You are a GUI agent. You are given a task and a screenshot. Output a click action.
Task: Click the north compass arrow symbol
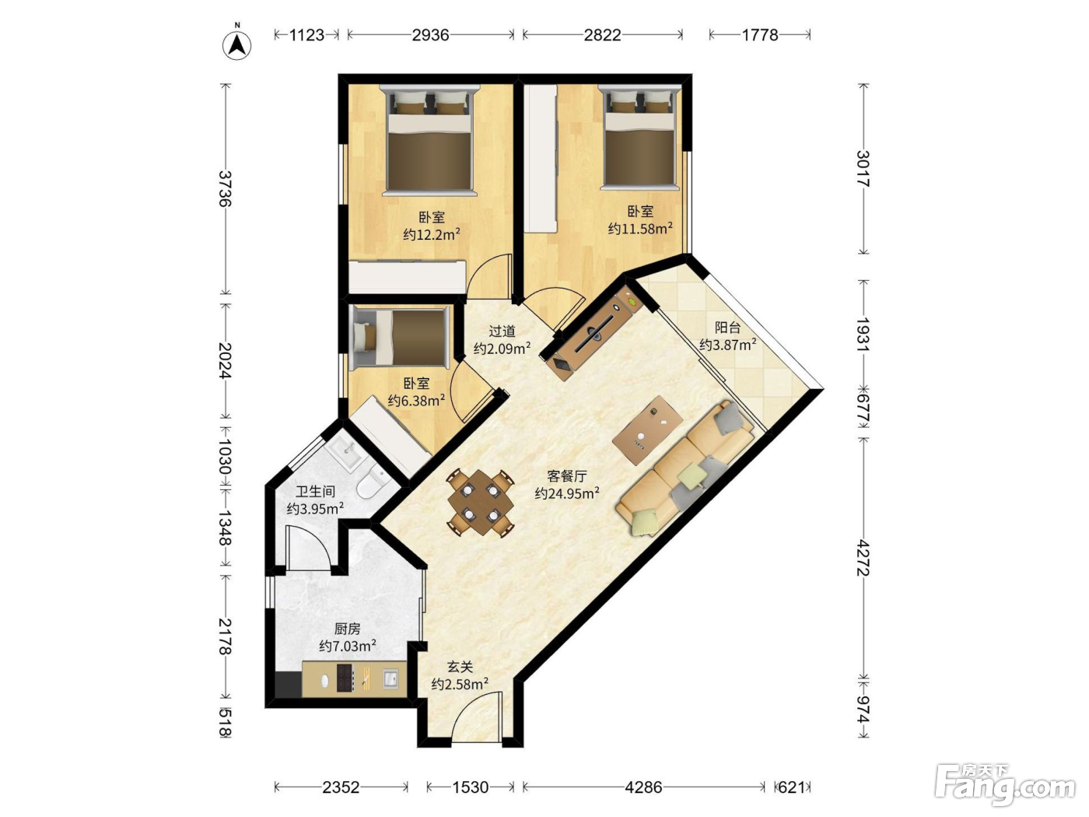click(237, 44)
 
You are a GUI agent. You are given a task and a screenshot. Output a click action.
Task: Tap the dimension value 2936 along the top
click(430, 35)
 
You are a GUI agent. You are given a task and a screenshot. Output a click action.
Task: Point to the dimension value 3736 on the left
click(226, 188)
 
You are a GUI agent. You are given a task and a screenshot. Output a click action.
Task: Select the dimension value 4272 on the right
click(863, 558)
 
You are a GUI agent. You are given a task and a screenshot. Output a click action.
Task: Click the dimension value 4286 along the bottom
click(643, 787)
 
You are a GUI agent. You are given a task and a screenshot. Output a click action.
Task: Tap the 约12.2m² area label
click(432, 234)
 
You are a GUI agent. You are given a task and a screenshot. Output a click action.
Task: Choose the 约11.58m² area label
click(640, 229)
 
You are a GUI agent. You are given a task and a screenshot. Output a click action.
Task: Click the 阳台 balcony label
click(728, 328)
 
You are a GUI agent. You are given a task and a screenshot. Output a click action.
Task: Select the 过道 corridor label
click(502, 331)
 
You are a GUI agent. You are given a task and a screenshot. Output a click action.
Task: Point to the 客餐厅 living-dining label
click(566, 476)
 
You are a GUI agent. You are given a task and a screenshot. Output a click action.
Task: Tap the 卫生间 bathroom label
click(316, 492)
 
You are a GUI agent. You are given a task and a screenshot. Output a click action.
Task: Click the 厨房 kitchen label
click(347, 629)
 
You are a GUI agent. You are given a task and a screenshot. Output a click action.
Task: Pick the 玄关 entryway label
click(460, 667)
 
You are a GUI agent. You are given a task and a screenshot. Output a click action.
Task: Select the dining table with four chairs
click(480, 503)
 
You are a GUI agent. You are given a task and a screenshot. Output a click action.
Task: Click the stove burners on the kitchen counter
click(345, 678)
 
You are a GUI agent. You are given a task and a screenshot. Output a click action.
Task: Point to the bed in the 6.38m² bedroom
click(400, 338)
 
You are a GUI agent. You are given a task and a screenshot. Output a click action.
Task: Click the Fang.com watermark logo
click(1005, 785)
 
